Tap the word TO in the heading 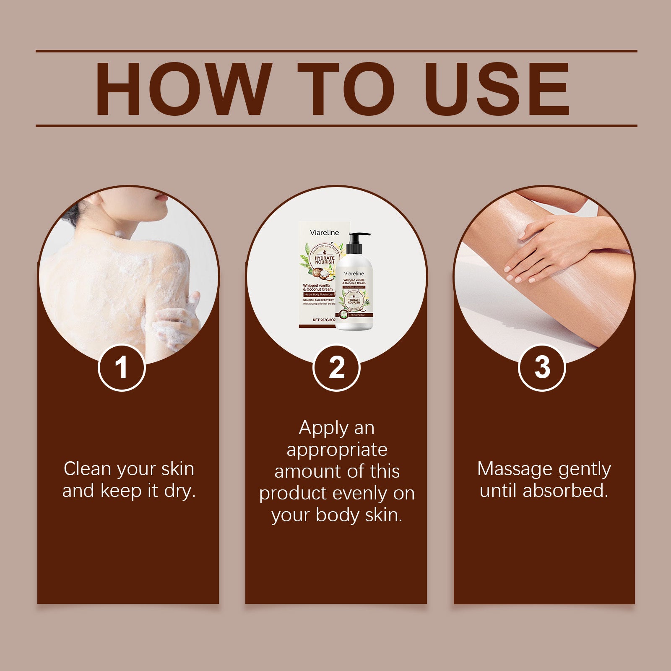point(346,89)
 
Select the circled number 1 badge point(122,368)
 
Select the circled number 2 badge point(336,368)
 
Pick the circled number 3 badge point(542,368)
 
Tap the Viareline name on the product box point(324,232)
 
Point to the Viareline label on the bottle point(354,273)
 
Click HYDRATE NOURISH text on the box point(325,260)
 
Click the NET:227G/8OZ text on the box point(324,320)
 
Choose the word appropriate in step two point(337,450)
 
